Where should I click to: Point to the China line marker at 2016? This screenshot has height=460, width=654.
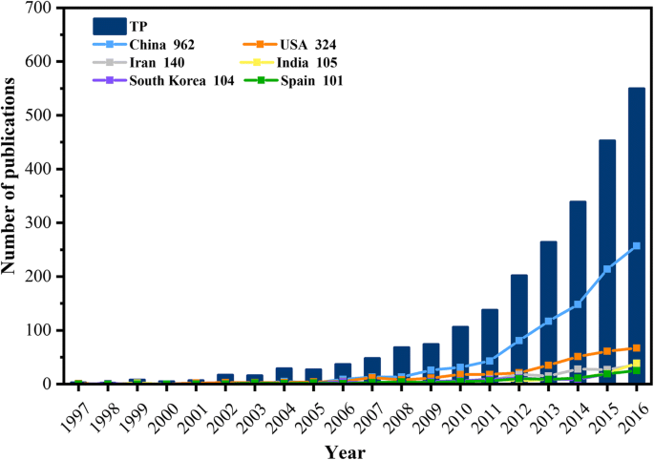tap(636, 245)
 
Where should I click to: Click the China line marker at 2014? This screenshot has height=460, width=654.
tap(579, 304)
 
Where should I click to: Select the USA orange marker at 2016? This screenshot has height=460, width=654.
tap(636, 348)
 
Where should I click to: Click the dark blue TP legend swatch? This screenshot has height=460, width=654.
tap(111, 25)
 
